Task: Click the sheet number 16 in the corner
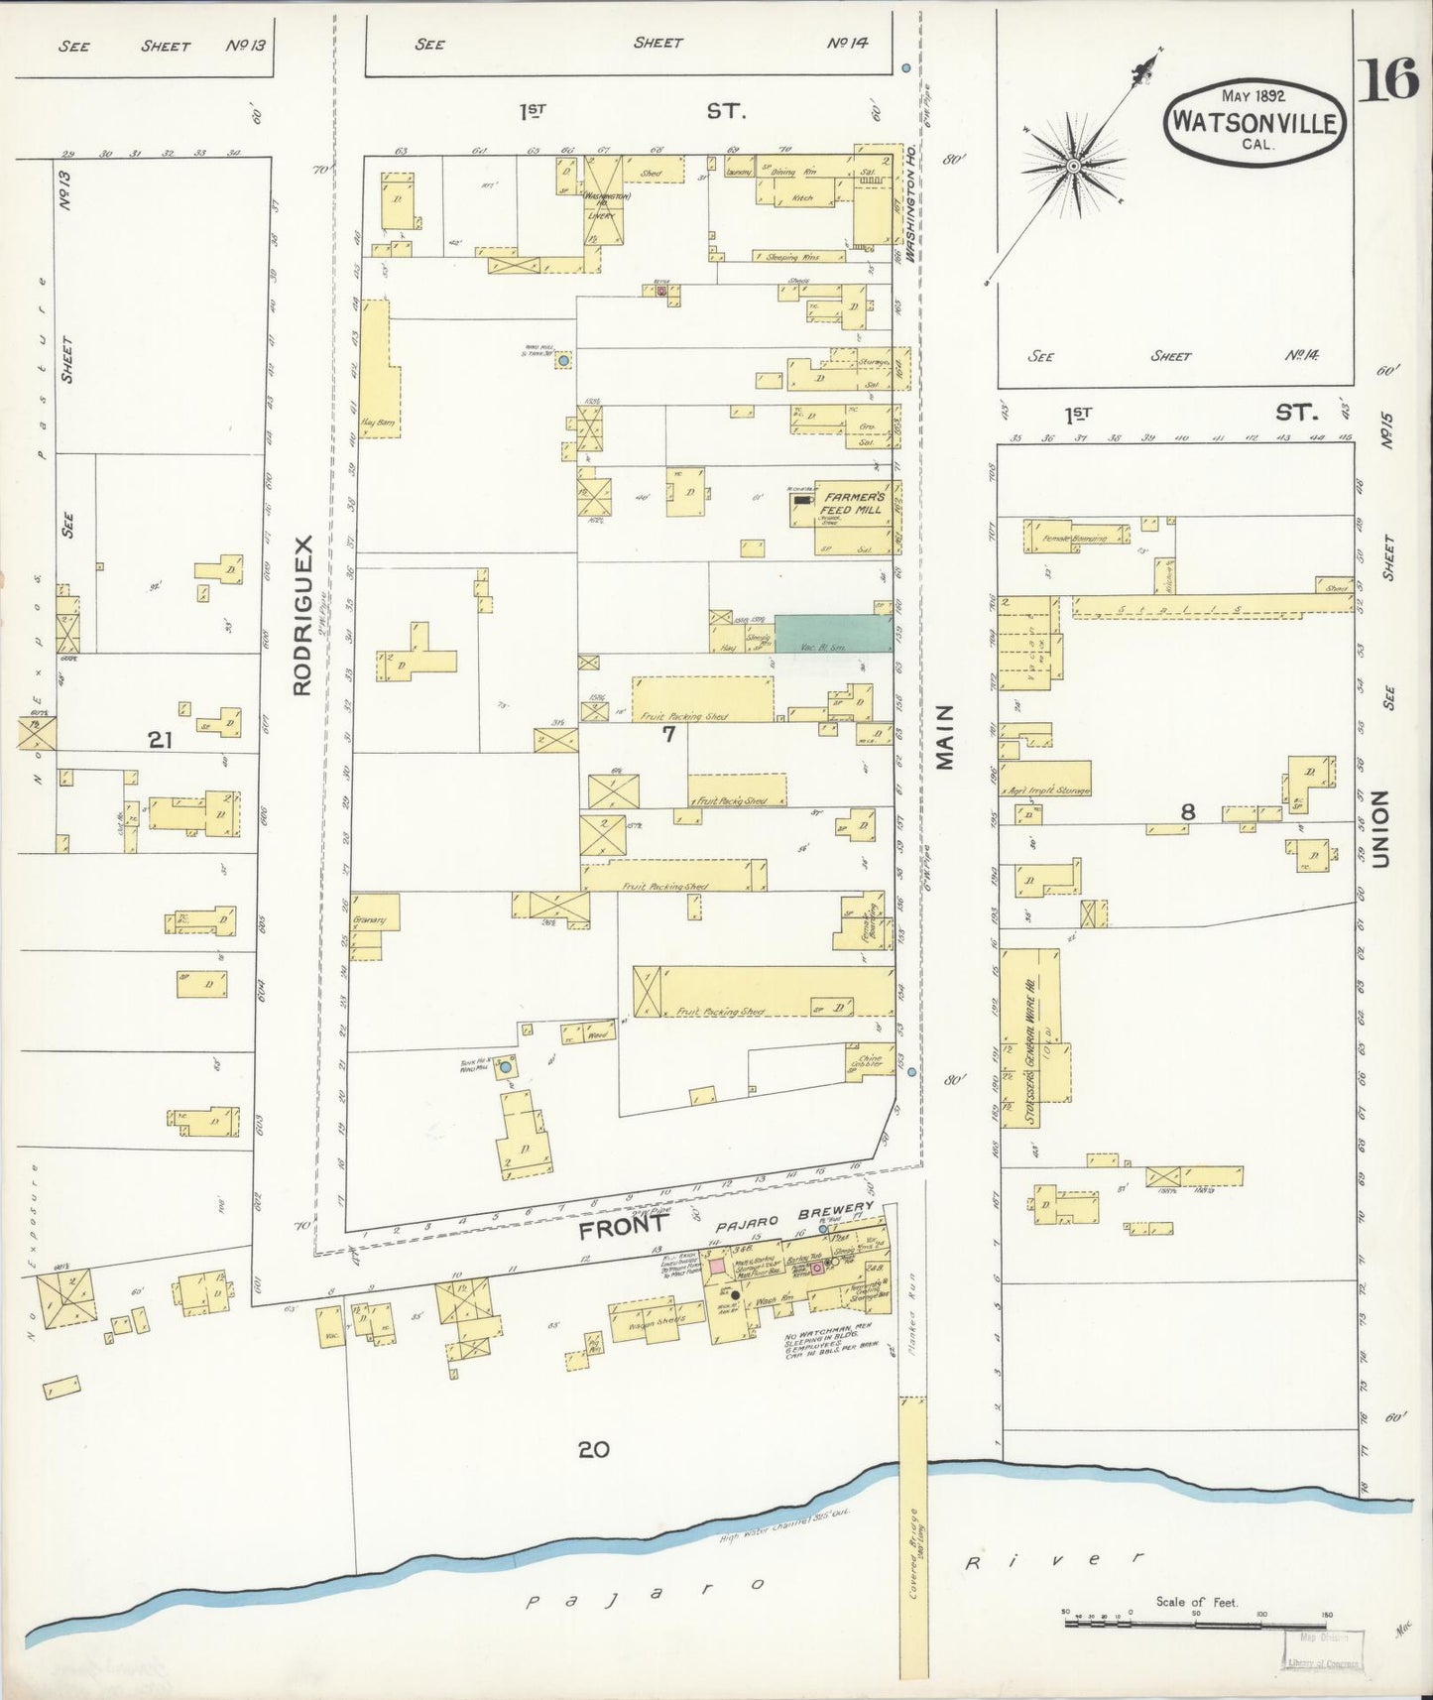(1389, 80)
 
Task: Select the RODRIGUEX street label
(303, 615)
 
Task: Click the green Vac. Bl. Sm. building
(831, 633)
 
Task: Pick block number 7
(668, 734)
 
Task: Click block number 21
(162, 738)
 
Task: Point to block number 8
(1187, 812)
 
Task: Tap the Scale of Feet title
(1196, 1602)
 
